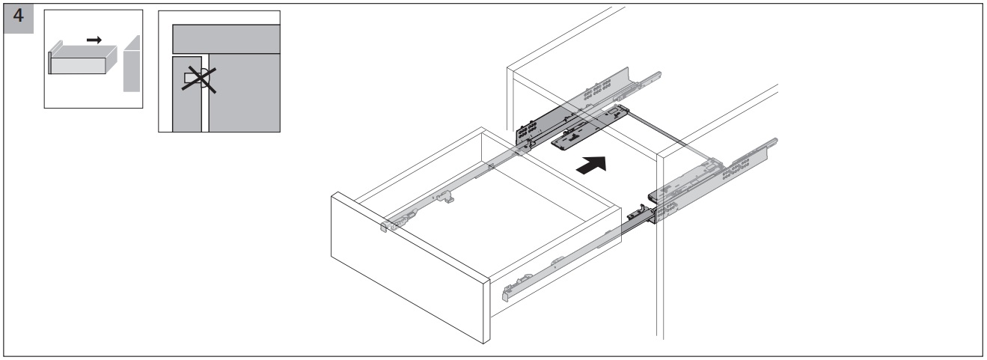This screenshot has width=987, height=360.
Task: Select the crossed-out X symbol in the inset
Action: point(195,76)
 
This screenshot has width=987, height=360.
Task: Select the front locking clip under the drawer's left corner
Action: point(397,222)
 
